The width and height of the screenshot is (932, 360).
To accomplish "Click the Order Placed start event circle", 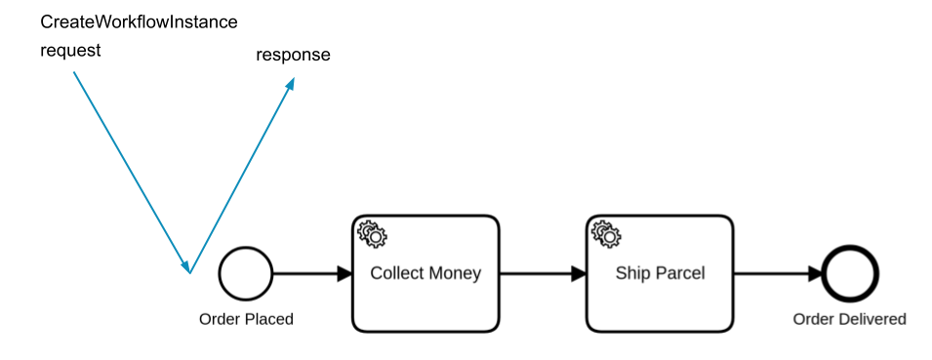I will [246, 273].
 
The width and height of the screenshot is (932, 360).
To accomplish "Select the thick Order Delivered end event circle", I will [850, 273].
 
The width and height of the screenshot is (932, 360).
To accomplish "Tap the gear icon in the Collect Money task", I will [372, 234].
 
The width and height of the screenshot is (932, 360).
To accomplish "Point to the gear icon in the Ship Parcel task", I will [606, 234].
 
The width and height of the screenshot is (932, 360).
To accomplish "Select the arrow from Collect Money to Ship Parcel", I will [542, 274].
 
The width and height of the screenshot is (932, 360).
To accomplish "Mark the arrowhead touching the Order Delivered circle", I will [816, 274].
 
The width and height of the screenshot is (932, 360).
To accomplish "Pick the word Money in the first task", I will [456, 273].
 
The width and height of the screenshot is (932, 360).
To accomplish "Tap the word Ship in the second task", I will [630, 273].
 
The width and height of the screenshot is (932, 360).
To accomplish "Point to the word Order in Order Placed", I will [218, 319].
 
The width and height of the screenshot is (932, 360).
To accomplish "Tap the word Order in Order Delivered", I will [812, 319].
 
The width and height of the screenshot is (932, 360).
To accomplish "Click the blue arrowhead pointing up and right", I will [290, 84].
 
